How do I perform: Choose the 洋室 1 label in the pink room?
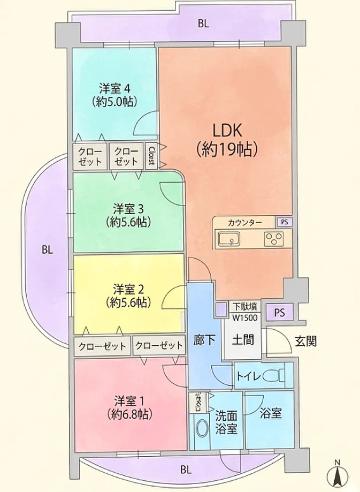[x=129, y=406]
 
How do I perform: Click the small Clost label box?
[x=151, y=156]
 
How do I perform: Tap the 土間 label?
[x=243, y=339]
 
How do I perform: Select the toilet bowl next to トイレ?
[x=278, y=375]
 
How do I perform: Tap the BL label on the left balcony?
[x=48, y=250]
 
